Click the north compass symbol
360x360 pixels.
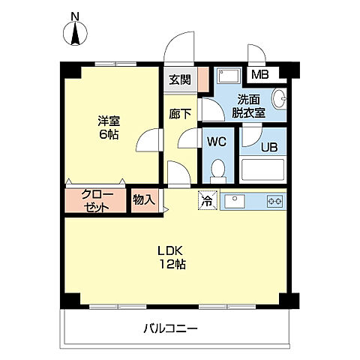[75, 34]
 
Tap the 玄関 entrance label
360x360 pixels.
[178, 80]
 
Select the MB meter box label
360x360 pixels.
[259, 74]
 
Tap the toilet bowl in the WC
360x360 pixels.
[218, 170]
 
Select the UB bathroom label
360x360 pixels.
[268, 146]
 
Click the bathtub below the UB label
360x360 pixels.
[262, 170]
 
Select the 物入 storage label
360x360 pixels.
[143, 199]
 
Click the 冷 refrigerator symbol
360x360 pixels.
[206, 200]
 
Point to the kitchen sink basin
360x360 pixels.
[233, 200]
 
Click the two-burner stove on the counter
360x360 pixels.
[273, 201]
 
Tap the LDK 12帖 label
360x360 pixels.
[171, 256]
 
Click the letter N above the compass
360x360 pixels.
[75, 16]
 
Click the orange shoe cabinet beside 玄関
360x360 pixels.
[202, 80]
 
